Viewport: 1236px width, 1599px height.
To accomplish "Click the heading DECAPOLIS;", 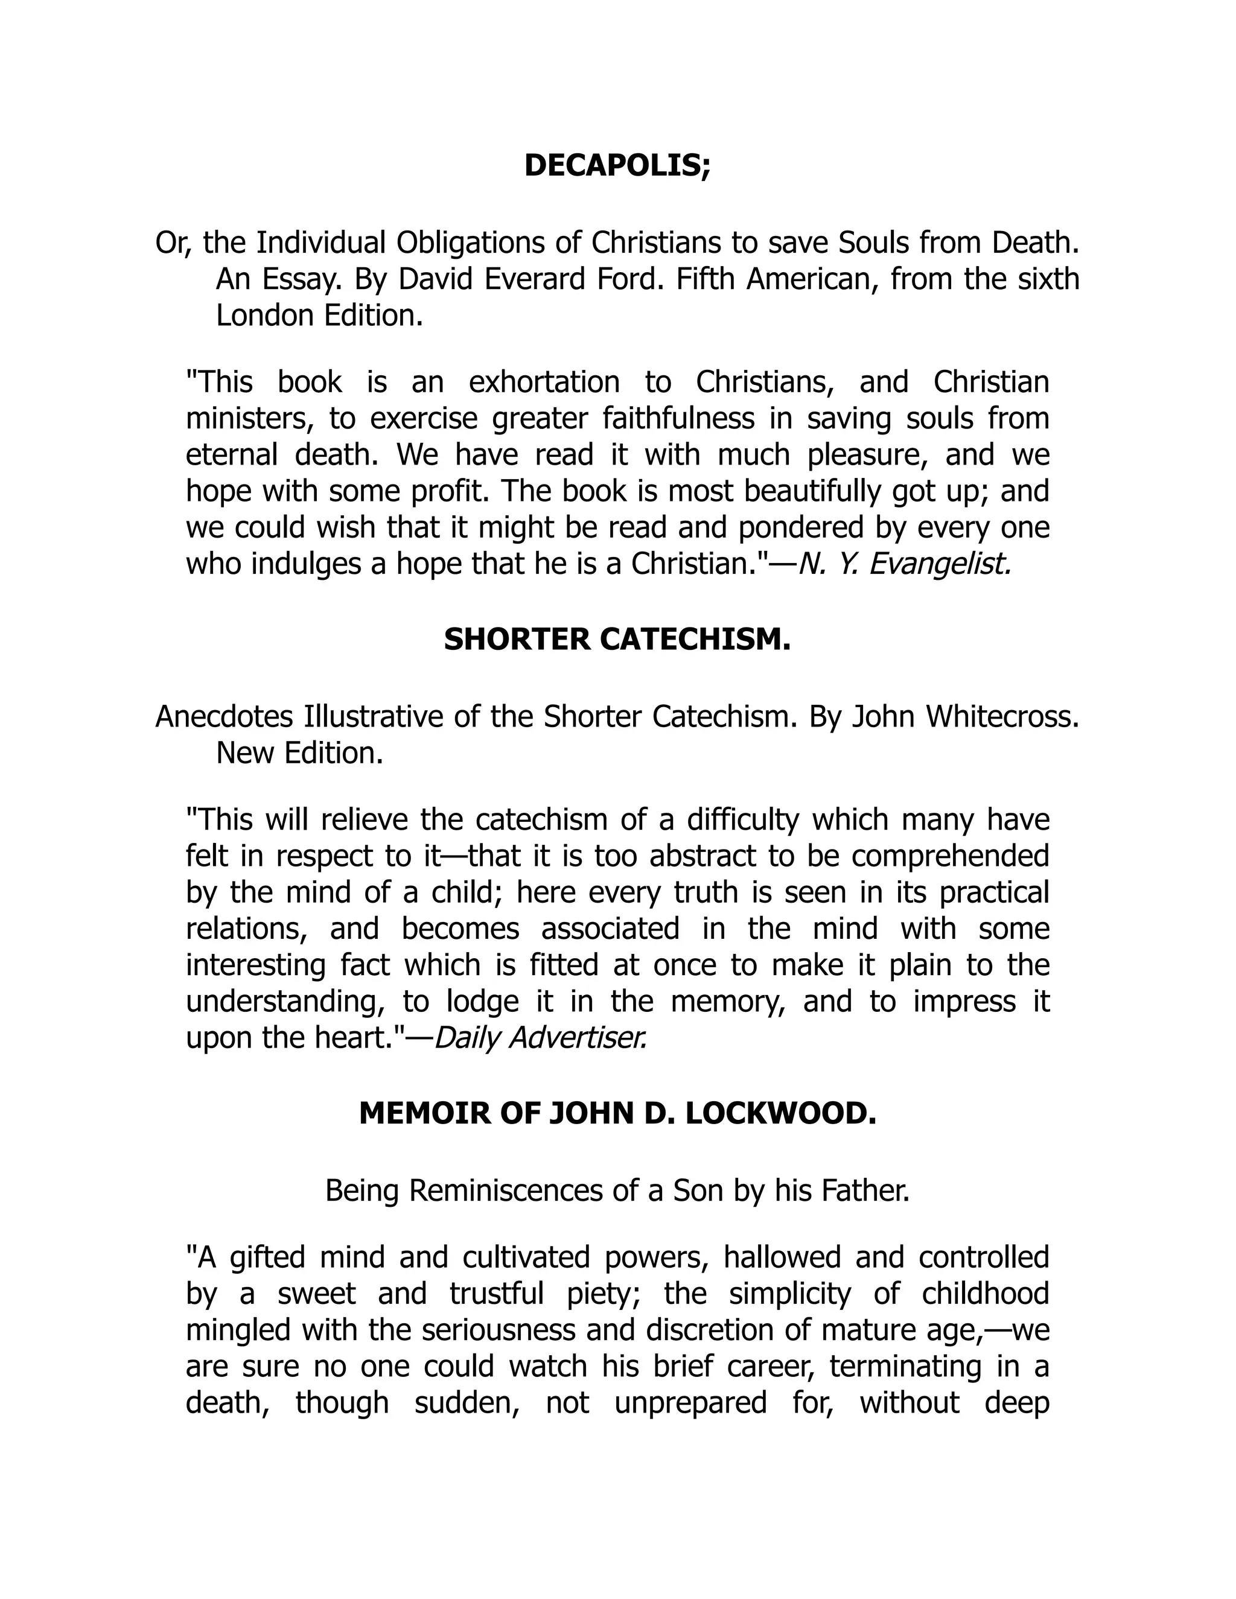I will pos(617,166).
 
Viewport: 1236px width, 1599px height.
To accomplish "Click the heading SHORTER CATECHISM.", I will pos(617,640).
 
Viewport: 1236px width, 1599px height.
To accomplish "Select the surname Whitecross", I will pos(1002,716).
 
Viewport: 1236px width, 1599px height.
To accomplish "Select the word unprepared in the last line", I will pos(690,1403).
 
